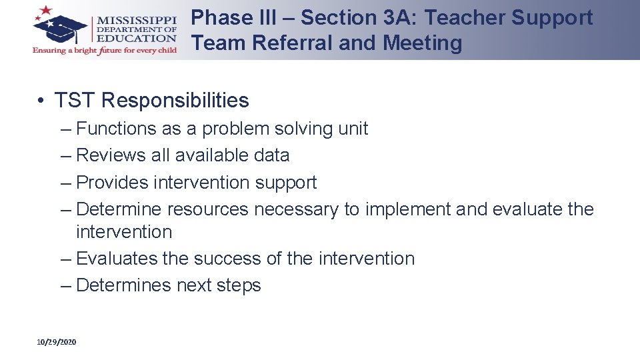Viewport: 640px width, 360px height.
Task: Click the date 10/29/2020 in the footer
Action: click(57, 342)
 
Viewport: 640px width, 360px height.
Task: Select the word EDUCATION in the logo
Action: click(137, 39)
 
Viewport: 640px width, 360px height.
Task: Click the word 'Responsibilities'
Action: click(175, 101)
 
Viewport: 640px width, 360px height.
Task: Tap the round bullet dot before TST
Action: click(41, 101)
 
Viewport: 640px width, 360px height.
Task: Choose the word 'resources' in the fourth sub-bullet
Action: click(208, 209)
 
